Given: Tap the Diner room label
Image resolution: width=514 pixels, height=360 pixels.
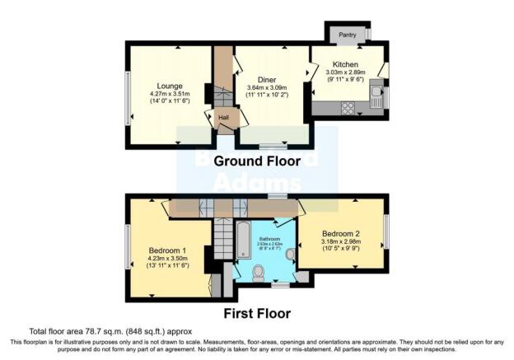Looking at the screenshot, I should click(266, 79).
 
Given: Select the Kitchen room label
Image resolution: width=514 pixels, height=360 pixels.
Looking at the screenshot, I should click(345, 64).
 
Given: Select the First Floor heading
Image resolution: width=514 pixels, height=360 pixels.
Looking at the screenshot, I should click(255, 314).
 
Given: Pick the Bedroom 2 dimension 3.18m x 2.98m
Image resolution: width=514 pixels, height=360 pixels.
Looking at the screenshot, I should click(340, 243).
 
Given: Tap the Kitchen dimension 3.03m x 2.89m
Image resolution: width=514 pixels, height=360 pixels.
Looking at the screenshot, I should click(345, 74).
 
